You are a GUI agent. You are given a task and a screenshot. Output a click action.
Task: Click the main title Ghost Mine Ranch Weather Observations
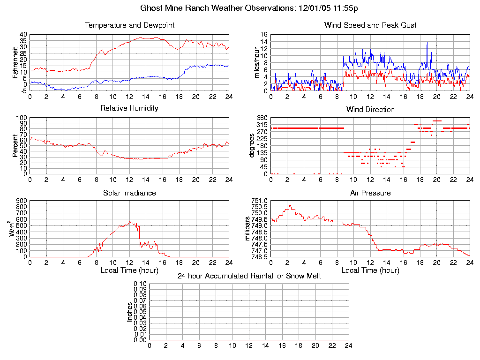tap(249, 8)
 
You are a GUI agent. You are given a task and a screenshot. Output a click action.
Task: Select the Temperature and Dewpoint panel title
tap(129, 25)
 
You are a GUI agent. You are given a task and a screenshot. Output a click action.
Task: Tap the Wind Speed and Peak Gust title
tap(370, 25)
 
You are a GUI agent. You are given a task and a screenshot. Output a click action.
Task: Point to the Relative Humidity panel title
tap(129, 108)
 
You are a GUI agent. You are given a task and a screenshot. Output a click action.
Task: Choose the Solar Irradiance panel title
tap(129, 193)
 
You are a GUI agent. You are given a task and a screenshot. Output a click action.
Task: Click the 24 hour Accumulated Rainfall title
tap(249, 276)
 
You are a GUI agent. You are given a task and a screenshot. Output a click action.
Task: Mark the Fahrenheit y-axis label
tap(15, 62)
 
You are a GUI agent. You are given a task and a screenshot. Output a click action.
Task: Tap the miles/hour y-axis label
tap(256, 62)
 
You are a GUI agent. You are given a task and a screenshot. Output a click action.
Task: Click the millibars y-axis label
tap(249, 228)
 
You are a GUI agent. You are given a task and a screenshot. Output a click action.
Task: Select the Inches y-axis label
tap(129, 312)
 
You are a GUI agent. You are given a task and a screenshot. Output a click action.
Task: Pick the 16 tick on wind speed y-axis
tap(263, 35)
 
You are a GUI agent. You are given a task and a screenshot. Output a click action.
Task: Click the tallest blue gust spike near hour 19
tap(427, 42)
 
